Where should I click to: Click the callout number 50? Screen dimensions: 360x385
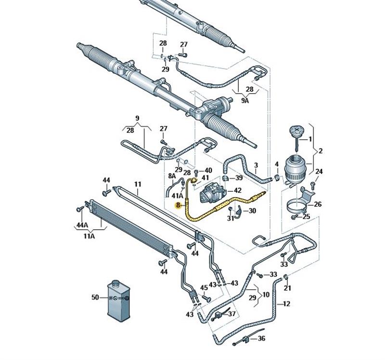click(x=95, y=298)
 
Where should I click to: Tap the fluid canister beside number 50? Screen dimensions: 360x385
click(x=119, y=300)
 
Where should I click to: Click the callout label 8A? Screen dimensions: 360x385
click(x=172, y=176)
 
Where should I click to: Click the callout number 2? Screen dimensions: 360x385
click(x=321, y=151)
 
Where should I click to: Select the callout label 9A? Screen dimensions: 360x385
click(x=245, y=101)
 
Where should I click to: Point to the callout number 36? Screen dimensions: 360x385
click(x=261, y=338)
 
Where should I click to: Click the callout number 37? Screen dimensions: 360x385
click(x=232, y=313)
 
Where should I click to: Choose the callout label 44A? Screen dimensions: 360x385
click(x=82, y=225)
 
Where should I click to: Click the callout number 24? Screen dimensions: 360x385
click(x=319, y=172)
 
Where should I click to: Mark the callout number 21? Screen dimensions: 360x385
click(x=287, y=288)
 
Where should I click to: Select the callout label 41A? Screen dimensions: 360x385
click(x=178, y=196)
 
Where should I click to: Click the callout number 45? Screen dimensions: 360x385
click(x=204, y=288)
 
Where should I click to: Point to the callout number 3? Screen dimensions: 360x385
click(x=256, y=165)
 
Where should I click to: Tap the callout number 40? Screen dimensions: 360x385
click(x=208, y=170)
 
